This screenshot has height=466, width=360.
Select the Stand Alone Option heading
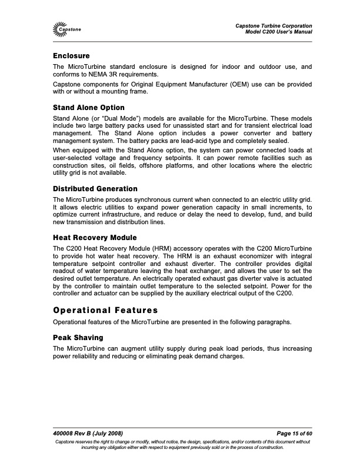click(x=89, y=108)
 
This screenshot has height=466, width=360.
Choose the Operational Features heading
click(x=106, y=309)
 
